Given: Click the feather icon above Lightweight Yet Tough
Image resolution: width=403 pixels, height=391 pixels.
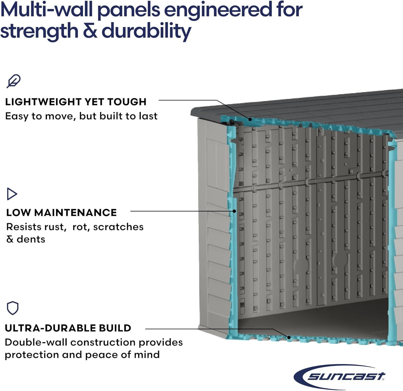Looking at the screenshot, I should [13, 81].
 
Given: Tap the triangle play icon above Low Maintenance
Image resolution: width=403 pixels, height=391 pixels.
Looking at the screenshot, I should [12, 194].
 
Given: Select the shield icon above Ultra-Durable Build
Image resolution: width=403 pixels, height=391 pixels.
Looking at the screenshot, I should [13, 308].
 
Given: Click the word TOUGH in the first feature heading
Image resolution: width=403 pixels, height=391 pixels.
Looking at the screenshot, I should [127, 102].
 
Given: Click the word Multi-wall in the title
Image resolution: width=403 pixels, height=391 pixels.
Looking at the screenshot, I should [46, 10].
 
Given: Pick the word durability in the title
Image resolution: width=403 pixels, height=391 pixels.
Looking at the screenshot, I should [146, 31].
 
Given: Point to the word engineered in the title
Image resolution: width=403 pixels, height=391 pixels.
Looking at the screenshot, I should [218, 10].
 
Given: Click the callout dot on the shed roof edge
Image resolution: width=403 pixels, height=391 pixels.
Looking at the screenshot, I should [250, 119].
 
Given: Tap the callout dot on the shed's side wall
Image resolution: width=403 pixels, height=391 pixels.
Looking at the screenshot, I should [234, 211].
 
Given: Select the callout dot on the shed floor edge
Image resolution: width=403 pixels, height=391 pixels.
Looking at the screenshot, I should [289, 337].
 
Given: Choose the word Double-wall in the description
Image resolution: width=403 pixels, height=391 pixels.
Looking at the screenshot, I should [36, 342].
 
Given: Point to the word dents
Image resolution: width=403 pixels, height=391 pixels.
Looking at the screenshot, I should [31, 239].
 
